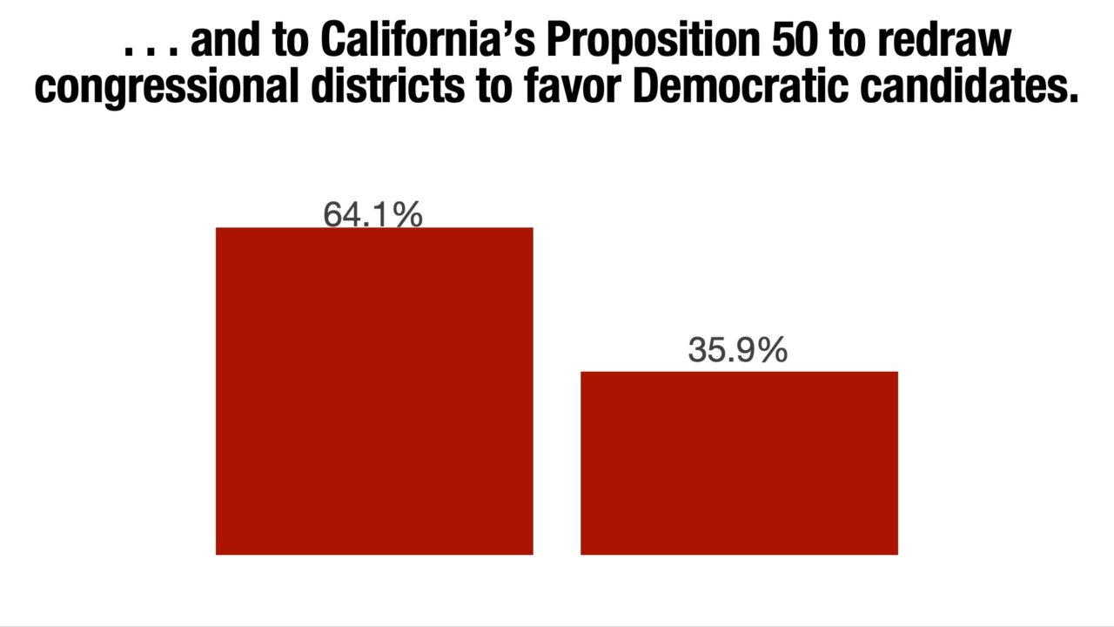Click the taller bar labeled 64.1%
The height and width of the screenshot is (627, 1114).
374,391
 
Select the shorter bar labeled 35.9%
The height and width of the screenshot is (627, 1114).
739,462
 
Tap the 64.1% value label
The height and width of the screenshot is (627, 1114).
372,214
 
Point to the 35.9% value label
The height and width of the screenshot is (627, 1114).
737,350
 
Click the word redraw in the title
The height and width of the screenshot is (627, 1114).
957,40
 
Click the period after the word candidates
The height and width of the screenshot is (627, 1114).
1071,98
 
